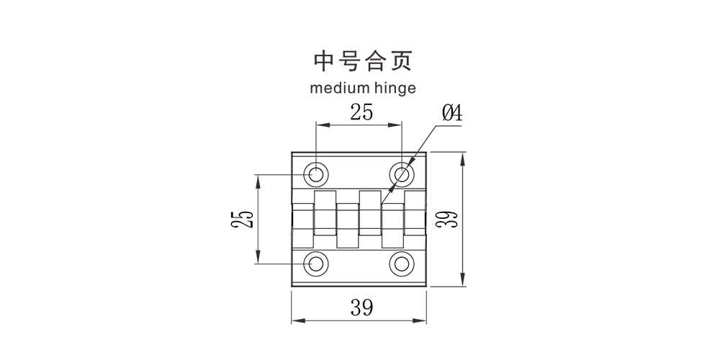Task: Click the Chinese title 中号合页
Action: coord(362,62)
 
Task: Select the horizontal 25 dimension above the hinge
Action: coord(361,112)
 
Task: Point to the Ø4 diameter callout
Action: coord(451,113)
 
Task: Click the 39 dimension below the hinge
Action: coord(361,308)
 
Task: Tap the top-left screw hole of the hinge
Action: coord(315,174)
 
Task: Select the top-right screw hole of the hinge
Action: coord(402,174)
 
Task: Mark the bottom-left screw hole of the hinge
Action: coord(315,264)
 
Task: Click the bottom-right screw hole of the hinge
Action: coord(402,264)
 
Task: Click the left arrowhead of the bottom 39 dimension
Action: coord(295,320)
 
